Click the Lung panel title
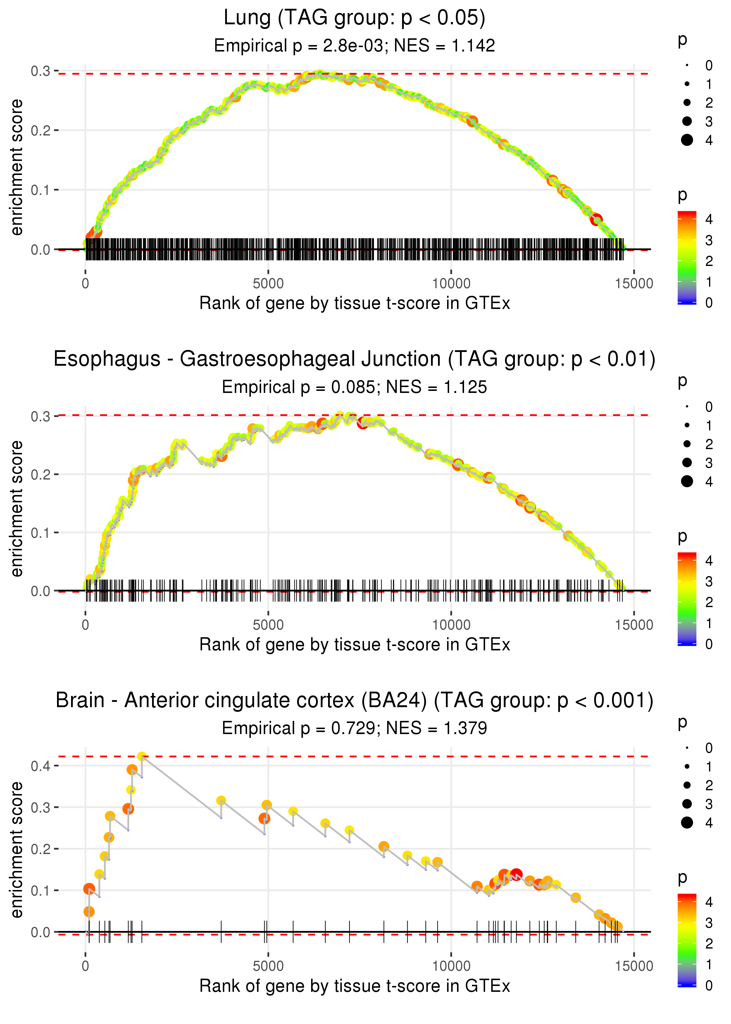tap(354, 18)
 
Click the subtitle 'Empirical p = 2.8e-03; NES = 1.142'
tap(354, 45)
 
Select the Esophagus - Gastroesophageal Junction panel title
tap(354, 359)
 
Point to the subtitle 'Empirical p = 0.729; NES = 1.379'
tap(354, 728)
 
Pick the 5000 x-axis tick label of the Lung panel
tap(268, 284)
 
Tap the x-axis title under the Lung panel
tap(354, 303)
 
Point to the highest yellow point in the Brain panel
tap(142, 757)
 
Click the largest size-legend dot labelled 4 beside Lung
tap(687, 140)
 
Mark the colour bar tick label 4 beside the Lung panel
tap(709, 219)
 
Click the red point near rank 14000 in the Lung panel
tap(596, 220)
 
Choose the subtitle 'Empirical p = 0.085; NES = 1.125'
tap(354, 387)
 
